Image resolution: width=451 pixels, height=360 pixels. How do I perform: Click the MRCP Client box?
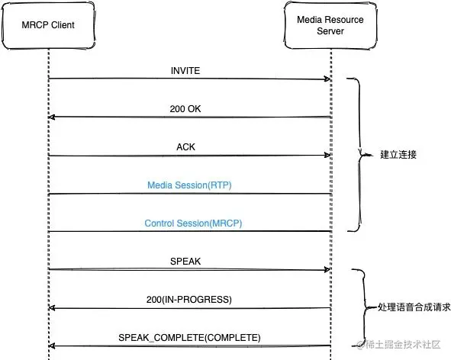pos(47,26)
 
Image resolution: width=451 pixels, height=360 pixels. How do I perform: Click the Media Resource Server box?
pos(331,26)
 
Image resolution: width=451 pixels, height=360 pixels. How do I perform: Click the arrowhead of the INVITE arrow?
pos(327,79)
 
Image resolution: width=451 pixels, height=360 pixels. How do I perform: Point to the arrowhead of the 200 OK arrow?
pos(52,117)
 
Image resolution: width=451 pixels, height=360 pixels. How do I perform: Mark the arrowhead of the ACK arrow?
pos(327,156)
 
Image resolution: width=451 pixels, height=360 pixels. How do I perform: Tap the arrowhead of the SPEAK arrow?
pos(327,269)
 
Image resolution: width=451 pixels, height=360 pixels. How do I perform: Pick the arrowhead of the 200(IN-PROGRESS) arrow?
pos(52,308)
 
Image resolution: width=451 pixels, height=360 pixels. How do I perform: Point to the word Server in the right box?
pos(331,32)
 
